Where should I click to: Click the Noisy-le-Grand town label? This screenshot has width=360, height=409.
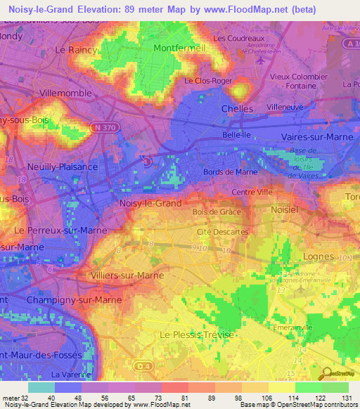pyautogui.click(x=150, y=203)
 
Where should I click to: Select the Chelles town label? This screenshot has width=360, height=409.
pyautogui.click(x=237, y=109)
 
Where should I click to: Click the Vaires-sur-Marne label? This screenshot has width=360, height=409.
pyautogui.click(x=316, y=137)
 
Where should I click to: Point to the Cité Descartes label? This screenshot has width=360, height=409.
pyautogui.click(x=223, y=231)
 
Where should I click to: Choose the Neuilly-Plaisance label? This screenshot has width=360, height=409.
pyautogui.click(x=63, y=168)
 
